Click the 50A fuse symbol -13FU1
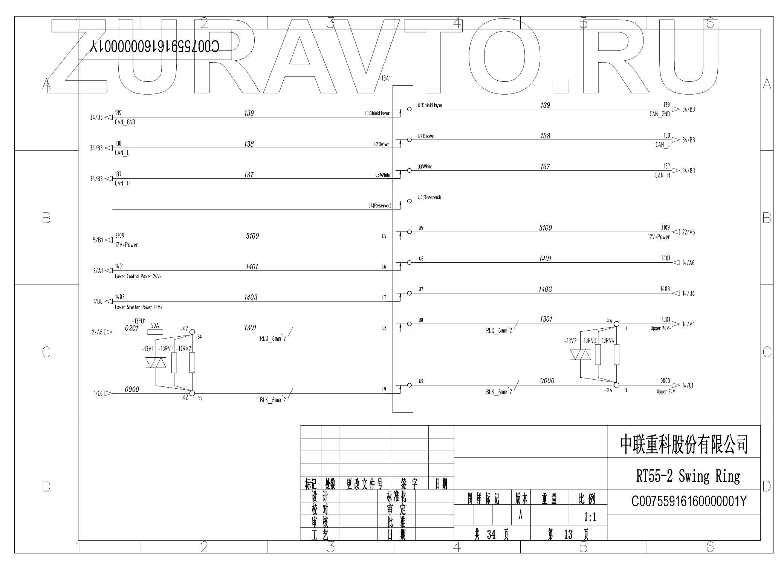coord(154,332)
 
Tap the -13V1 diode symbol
coord(156,363)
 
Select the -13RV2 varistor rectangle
coord(192,362)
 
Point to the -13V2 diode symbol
coord(581,355)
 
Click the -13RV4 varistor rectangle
coord(616,354)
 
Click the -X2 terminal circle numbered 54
coord(192,332)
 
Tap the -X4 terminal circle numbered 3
coord(616,385)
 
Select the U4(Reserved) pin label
coord(429,198)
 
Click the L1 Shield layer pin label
coord(377,113)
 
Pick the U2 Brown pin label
coord(426,136)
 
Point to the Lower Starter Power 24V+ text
coord(138,307)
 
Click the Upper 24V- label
coord(667,392)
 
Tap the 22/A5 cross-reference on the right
coord(688,232)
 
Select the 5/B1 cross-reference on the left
coord(98,240)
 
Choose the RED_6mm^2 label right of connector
coord(499,331)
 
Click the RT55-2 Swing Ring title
coord(688,476)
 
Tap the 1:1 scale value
coord(590,517)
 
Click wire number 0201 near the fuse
coord(132,328)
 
